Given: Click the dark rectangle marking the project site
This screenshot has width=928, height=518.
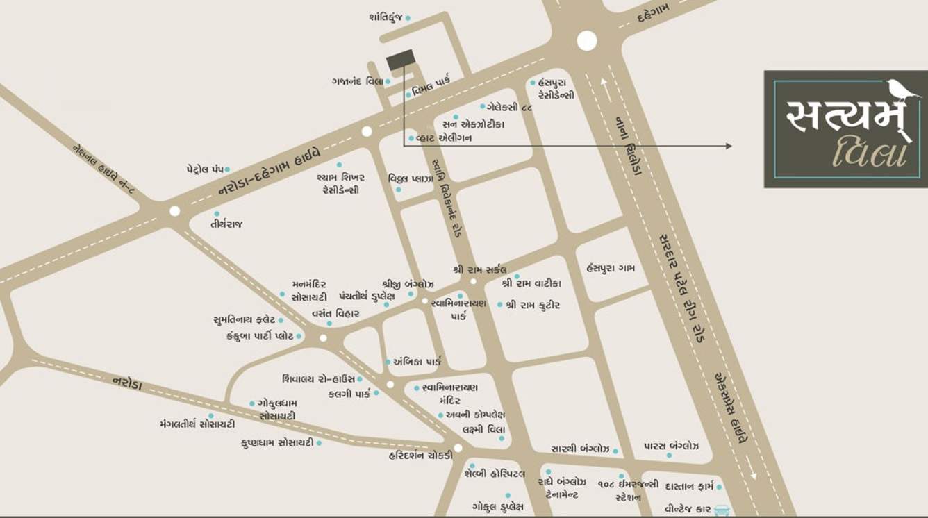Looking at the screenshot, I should [x=401, y=60].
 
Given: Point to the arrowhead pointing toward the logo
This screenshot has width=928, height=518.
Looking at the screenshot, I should [x=728, y=146].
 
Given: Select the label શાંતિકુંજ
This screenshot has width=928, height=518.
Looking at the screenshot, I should [x=386, y=17].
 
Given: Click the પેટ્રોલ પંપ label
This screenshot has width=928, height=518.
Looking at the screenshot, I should [x=204, y=169].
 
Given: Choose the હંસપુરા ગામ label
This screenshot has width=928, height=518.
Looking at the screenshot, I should [x=611, y=268].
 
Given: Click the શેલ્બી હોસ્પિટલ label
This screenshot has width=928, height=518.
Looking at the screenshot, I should [x=495, y=474].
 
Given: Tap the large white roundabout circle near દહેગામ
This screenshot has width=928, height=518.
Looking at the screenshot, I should [x=587, y=41].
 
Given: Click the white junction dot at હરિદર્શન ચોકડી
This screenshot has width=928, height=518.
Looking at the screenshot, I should [x=458, y=448].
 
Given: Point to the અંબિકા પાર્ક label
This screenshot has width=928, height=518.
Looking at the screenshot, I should [x=417, y=361].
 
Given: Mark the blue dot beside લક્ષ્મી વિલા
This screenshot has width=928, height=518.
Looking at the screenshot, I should [x=502, y=438].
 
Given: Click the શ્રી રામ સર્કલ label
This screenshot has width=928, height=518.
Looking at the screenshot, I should [x=479, y=269].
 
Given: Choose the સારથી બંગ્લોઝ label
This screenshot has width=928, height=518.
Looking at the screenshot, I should [x=580, y=449].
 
